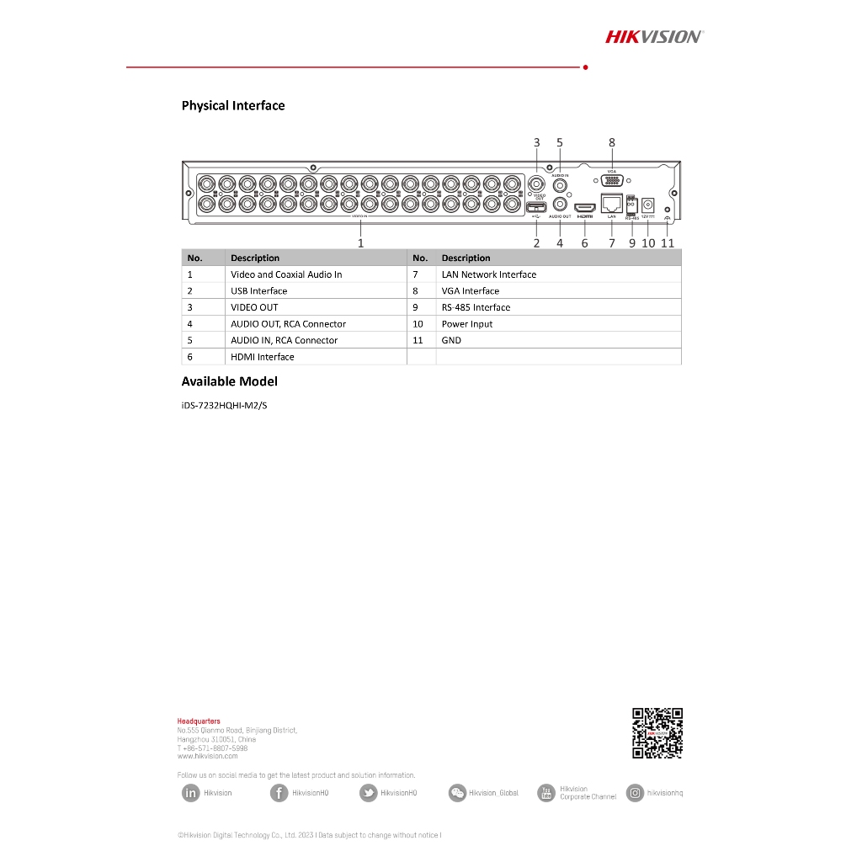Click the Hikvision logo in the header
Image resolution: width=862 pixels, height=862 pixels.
point(654,36)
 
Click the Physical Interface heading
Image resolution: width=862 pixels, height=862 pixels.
point(233,106)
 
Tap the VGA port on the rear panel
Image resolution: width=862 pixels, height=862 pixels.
point(612,181)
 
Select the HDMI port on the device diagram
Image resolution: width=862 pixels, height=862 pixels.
point(584,207)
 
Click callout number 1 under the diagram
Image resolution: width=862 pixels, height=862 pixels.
point(360,242)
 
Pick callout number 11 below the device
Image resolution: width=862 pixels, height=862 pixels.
point(668,243)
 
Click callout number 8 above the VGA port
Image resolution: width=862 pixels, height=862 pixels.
point(612,143)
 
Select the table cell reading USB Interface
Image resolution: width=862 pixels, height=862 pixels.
point(259,291)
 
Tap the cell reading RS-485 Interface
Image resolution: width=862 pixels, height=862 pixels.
point(476,307)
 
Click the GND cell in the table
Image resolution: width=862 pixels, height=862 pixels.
point(451,341)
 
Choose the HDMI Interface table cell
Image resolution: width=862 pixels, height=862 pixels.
point(263,357)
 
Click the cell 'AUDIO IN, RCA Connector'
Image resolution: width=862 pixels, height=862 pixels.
point(284,341)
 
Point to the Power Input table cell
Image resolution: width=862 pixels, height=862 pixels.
point(467,324)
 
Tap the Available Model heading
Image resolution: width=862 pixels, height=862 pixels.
point(229,381)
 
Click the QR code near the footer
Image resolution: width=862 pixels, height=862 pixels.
point(657,734)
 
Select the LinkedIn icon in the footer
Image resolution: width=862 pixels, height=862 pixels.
point(191,793)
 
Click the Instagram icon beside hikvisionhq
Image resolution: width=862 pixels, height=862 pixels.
point(635,793)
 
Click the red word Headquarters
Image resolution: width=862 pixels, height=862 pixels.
point(199,721)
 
